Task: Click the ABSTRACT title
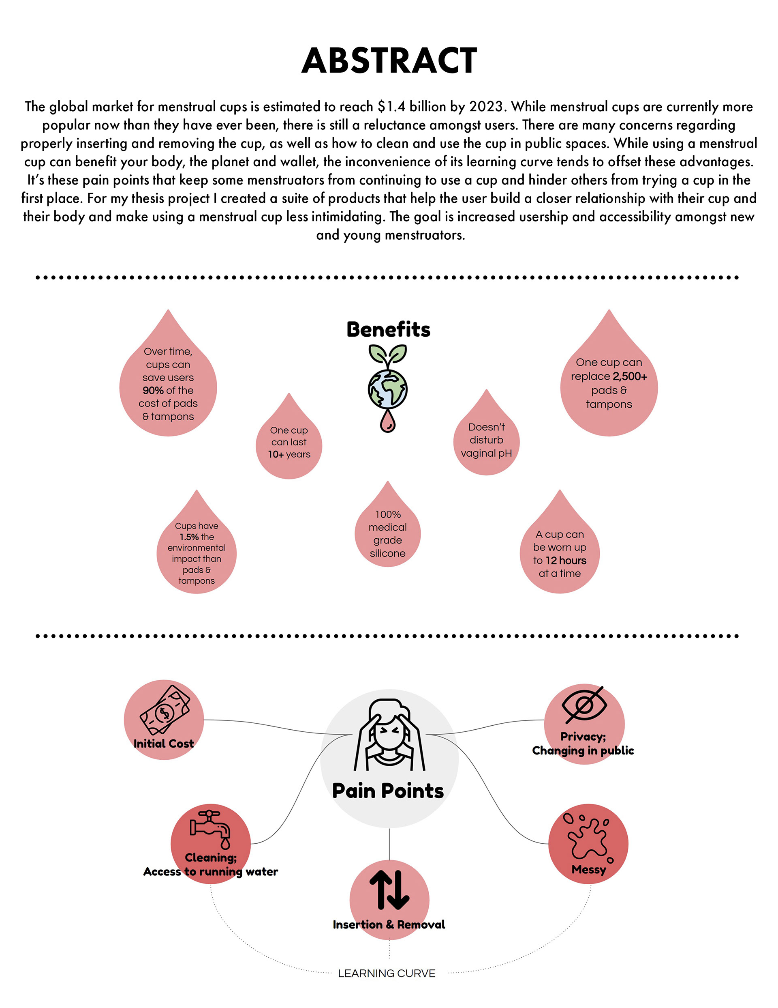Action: pyautogui.click(x=389, y=61)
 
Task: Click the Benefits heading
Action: pyautogui.click(x=388, y=329)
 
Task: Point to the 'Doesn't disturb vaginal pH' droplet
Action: pyautogui.click(x=486, y=440)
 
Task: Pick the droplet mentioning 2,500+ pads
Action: pyautogui.click(x=609, y=383)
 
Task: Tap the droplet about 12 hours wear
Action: pyautogui.click(x=560, y=553)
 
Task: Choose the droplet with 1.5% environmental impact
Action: pyautogui.click(x=197, y=552)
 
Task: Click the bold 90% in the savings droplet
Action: pyautogui.click(x=153, y=391)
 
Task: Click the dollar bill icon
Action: pyautogui.click(x=165, y=710)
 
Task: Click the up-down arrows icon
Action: pyautogui.click(x=389, y=890)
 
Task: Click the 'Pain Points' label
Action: pyautogui.click(x=388, y=791)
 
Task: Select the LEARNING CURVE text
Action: pyautogui.click(x=387, y=974)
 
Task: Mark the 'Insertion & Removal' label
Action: pyautogui.click(x=389, y=924)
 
